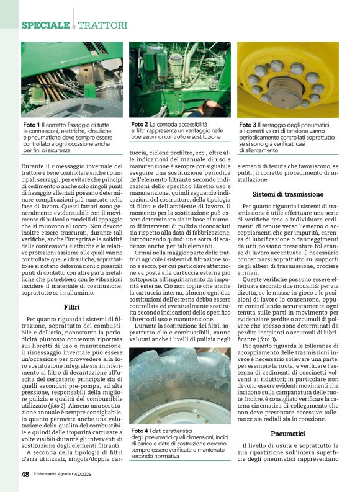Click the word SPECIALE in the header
(x=45, y=25)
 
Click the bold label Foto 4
(x=140, y=413)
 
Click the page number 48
(x=25, y=474)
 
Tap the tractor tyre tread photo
(x=179, y=376)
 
